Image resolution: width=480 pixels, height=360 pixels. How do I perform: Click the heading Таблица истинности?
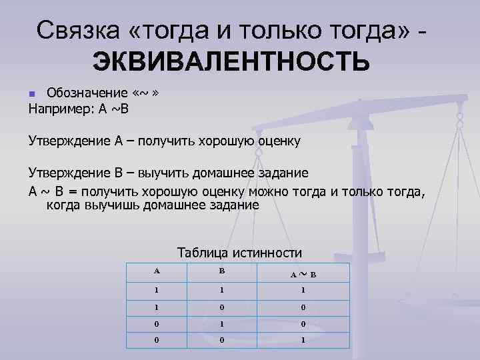[x=239, y=253]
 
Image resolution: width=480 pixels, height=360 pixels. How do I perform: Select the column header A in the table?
[x=157, y=271]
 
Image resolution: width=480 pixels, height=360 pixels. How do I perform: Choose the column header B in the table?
[x=222, y=271]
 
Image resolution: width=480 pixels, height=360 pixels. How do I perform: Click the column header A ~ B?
[x=303, y=274]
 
